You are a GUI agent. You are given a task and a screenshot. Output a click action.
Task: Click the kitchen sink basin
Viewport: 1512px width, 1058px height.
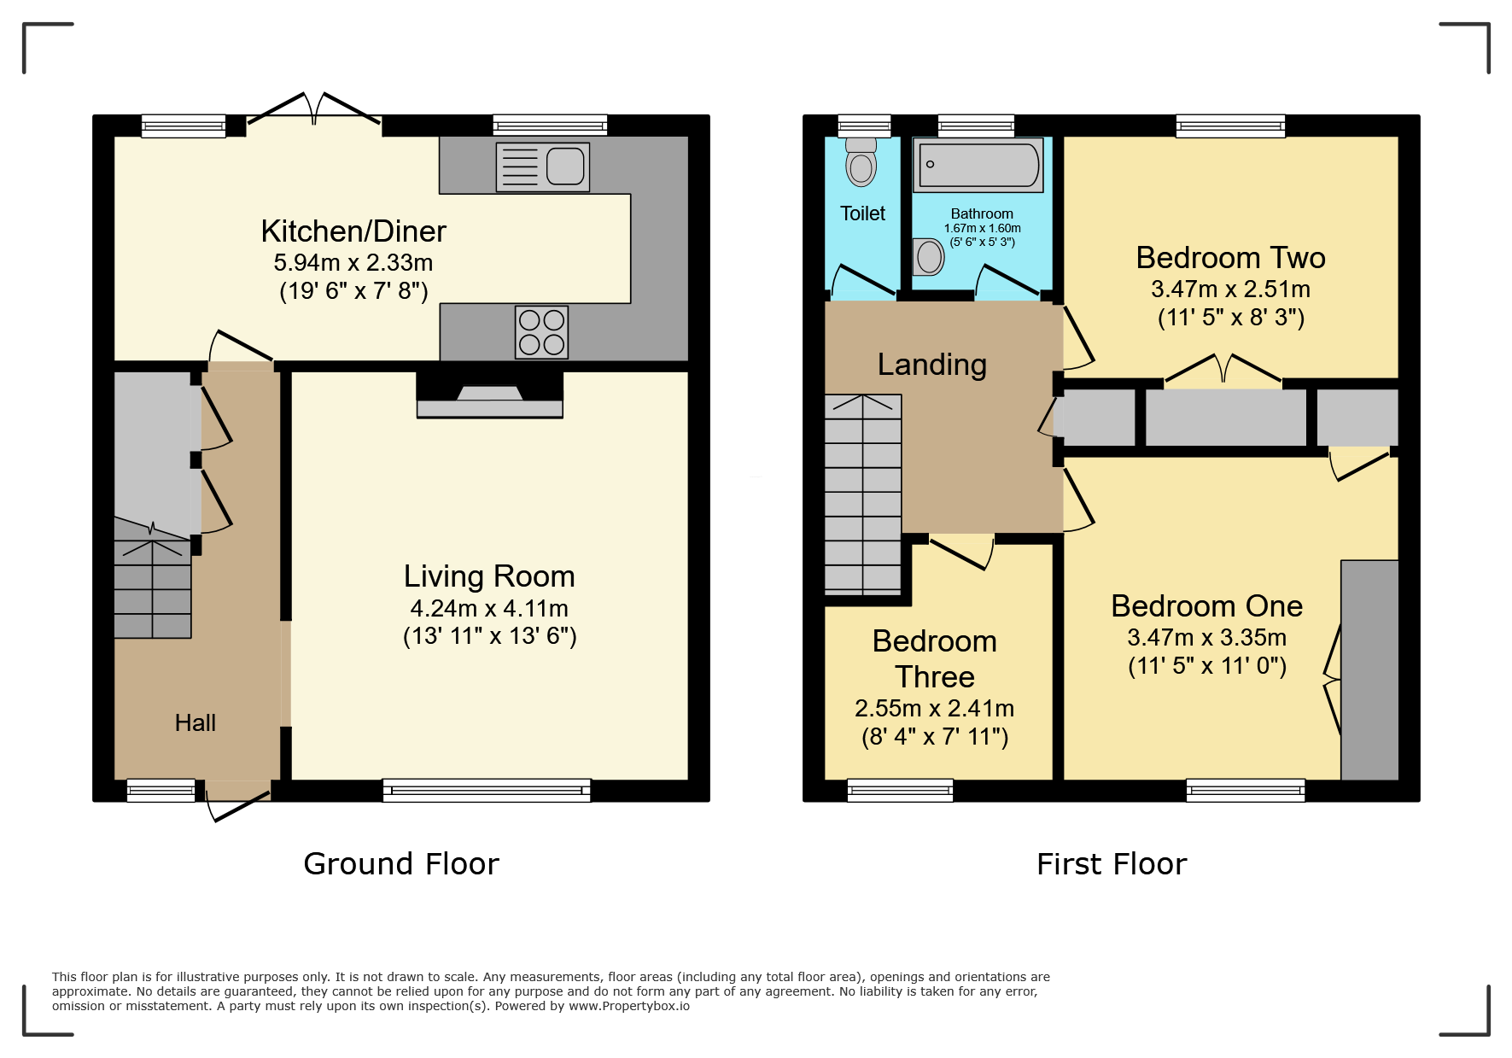click(565, 166)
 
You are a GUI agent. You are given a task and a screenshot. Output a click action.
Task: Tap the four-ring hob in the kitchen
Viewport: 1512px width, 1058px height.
click(542, 332)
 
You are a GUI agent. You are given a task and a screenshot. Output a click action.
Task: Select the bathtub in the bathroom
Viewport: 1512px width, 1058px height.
click(978, 165)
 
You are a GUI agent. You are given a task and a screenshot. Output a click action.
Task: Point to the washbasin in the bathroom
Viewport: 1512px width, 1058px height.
click(928, 256)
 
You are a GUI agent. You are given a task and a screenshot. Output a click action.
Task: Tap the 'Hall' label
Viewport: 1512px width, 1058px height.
click(196, 722)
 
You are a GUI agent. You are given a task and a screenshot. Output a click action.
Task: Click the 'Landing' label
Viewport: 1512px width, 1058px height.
click(932, 365)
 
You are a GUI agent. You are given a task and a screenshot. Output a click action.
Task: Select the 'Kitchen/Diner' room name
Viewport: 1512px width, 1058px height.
click(353, 231)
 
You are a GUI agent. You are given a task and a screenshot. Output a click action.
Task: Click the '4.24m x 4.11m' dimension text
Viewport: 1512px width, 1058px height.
click(489, 608)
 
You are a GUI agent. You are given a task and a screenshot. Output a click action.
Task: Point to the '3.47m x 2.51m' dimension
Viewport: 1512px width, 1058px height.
click(1230, 289)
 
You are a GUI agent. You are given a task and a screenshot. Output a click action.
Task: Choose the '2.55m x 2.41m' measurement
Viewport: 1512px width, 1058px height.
click(935, 708)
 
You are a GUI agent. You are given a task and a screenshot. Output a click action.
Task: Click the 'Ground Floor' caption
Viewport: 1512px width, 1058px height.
click(401, 863)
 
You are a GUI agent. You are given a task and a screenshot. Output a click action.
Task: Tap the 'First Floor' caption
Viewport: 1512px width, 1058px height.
click(1112, 863)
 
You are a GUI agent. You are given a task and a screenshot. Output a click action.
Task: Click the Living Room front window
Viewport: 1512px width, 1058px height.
click(487, 791)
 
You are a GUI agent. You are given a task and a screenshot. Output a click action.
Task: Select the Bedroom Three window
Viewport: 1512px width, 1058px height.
click(900, 791)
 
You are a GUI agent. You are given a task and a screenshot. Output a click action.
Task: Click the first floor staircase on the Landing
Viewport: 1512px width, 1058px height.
click(863, 494)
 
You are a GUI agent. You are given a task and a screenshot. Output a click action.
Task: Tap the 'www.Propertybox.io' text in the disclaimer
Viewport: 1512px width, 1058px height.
click(629, 1006)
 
